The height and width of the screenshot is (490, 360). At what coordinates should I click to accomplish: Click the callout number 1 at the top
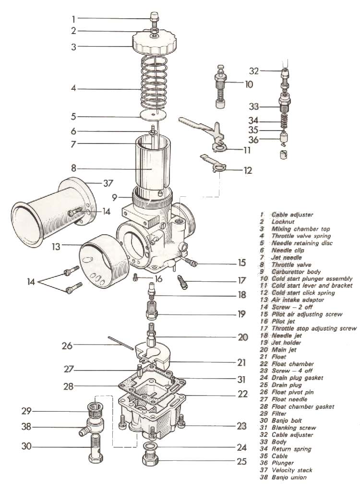coord(73,19)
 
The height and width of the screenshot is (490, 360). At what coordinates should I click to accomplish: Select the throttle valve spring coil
coord(154,82)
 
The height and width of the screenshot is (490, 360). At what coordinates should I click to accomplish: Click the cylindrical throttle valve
coord(152,166)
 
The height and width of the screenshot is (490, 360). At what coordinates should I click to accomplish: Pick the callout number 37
coord(108,183)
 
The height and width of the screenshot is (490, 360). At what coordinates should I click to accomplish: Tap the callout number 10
coord(248,84)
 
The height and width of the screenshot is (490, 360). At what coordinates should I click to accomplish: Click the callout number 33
coord(253,106)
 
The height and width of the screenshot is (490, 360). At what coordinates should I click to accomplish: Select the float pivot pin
coord(120,345)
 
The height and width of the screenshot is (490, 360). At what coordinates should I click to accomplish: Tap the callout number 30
coord(26,446)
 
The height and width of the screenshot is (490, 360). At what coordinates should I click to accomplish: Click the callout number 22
coord(243,394)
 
